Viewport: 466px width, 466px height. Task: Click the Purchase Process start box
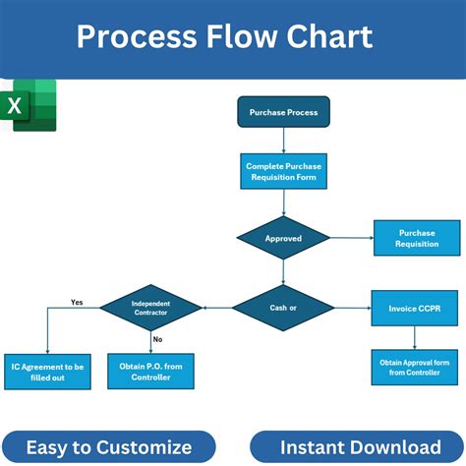(x=283, y=112)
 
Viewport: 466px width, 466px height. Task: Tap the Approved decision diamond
(x=283, y=238)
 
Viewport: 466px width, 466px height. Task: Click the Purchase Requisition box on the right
(x=417, y=238)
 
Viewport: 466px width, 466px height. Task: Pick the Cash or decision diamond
(x=283, y=308)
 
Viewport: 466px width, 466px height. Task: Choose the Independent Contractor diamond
(x=150, y=308)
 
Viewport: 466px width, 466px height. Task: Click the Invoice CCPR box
(x=415, y=308)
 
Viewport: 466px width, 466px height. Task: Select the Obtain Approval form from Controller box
(x=415, y=367)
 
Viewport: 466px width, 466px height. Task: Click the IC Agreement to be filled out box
(x=47, y=372)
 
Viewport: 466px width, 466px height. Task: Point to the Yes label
(x=77, y=302)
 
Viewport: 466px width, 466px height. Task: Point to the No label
(x=157, y=338)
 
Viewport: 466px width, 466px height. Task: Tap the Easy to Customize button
(x=108, y=447)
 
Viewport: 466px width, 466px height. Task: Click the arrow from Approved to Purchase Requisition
(x=350, y=238)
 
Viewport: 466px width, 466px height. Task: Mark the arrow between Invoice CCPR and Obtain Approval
(x=415, y=337)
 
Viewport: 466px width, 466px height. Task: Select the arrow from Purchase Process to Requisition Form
(x=283, y=141)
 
